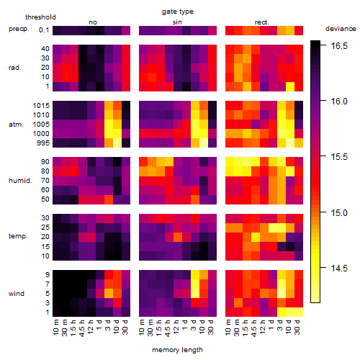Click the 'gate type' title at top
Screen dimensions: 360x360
[178, 12]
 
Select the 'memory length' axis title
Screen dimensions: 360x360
[177, 350]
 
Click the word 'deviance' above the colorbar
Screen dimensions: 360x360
[341, 29]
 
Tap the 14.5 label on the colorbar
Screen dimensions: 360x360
[339, 268]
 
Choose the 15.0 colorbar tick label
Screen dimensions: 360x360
[339, 212]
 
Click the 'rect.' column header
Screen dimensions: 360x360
[262, 22]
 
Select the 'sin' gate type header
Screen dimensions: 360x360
[177, 22]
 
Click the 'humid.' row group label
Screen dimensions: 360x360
[20, 181]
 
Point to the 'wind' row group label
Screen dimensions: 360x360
[17, 294]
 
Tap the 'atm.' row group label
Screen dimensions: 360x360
[16, 125]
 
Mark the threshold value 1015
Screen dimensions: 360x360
[41, 106]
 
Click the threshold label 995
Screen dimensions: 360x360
[43, 143]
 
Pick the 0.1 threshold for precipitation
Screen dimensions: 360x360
[44, 30]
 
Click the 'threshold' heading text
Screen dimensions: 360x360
[40, 17]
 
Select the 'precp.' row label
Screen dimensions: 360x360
[19, 29]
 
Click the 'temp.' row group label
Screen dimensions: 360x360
[18, 236]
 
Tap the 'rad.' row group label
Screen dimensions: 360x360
[15, 68]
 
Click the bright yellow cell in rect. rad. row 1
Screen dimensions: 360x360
[290, 86]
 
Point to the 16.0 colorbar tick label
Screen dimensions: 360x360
[339, 102]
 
